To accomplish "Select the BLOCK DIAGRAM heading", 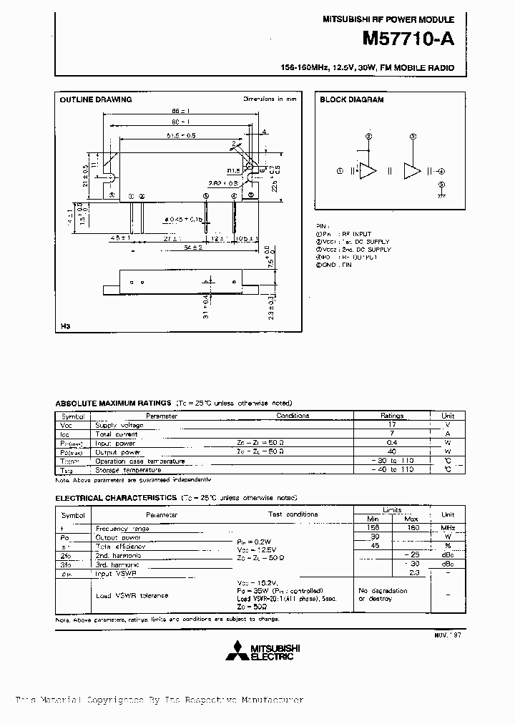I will click(x=351, y=99).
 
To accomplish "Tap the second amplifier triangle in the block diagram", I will click(x=413, y=171).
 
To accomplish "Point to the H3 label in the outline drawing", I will click(x=66, y=327).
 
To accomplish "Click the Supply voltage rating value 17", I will click(x=392, y=425).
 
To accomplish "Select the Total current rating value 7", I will click(x=392, y=434).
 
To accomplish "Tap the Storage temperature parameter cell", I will click(x=119, y=470).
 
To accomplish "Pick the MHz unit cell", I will click(x=448, y=528).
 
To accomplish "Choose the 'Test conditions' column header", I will click(x=293, y=514).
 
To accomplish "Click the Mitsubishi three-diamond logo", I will click(x=236, y=652).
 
